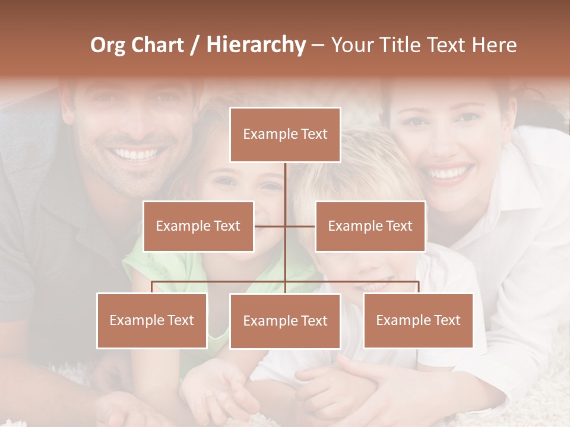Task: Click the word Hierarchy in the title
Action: pyautogui.click(x=255, y=45)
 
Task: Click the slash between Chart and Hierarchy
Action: pyautogui.click(x=195, y=45)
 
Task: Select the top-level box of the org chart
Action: pyautogui.click(x=285, y=135)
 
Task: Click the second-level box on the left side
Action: pyautogui.click(x=198, y=226)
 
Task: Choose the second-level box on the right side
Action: pyautogui.click(x=370, y=226)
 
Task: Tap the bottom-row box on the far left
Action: pyautogui.click(x=152, y=320)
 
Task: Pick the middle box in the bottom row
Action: pyautogui.click(x=285, y=321)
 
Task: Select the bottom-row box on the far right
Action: pyautogui.click(x=418, y=320)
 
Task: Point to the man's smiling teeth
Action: pyautogui.click(x=137, y=155)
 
